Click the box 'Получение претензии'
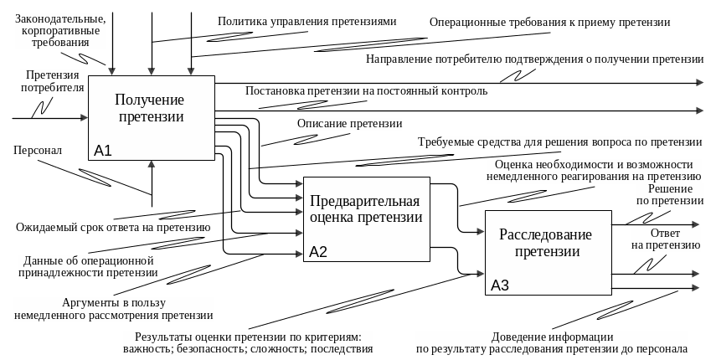151,109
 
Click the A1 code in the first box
103,152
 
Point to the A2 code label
318,252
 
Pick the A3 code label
500,285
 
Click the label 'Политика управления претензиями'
307,21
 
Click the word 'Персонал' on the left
39,151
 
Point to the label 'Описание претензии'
349,124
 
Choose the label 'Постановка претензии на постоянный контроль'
367,90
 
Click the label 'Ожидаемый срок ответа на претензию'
112,227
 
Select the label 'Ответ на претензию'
665,239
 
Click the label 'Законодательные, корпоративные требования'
60,29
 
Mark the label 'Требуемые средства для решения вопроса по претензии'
559,142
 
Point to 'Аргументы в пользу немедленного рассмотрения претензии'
113,309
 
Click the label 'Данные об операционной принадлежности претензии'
90,266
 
